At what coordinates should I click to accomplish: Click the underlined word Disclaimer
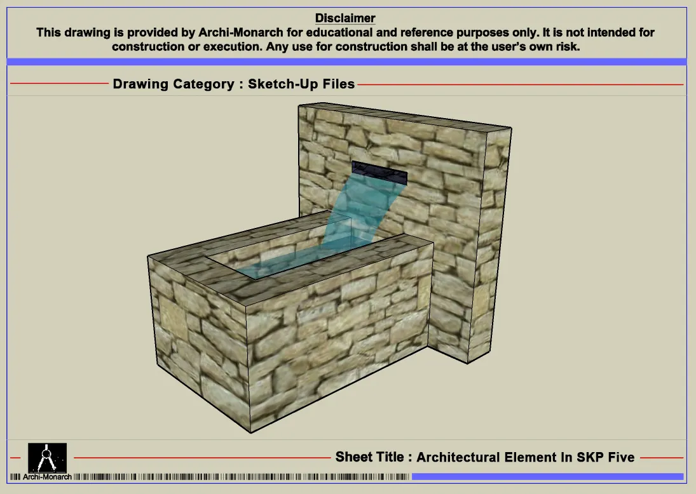coord(345,18)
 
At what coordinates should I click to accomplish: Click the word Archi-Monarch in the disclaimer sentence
coord(241,32)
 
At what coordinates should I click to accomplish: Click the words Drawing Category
coord(174,84)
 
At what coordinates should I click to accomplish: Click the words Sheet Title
coord(370,457)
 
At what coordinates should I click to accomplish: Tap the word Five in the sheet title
coord(620,457)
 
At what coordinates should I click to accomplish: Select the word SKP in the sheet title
coord(589,457)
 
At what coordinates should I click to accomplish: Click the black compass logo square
coord(48,458)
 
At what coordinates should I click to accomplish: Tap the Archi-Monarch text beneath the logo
coord(47,477)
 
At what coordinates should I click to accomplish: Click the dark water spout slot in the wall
coord(379,173)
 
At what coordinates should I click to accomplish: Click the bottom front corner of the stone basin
coord(251,432)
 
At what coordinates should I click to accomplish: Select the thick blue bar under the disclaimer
coord(346,62)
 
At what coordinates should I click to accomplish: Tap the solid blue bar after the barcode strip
coord(548,477)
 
